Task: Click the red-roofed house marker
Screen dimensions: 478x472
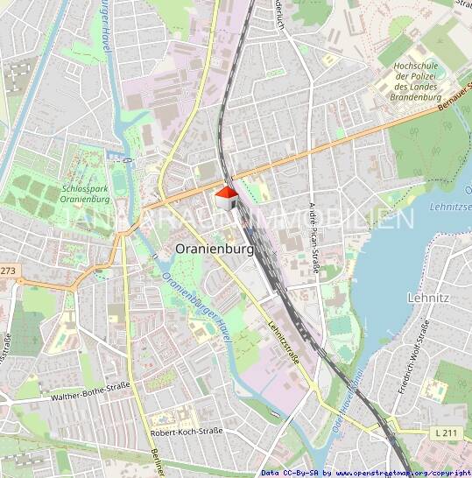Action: (226, 198)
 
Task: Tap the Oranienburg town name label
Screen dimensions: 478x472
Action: (214, 249)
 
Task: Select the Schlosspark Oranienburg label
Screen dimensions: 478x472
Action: (86, 193)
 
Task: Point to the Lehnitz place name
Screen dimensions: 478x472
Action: (428, 298)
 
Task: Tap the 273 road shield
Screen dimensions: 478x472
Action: (8, 271)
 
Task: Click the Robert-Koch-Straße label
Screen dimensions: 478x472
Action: (187, 432)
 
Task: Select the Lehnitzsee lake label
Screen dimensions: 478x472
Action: (450, 206)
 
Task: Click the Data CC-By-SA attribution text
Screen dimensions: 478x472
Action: (292, 473)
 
